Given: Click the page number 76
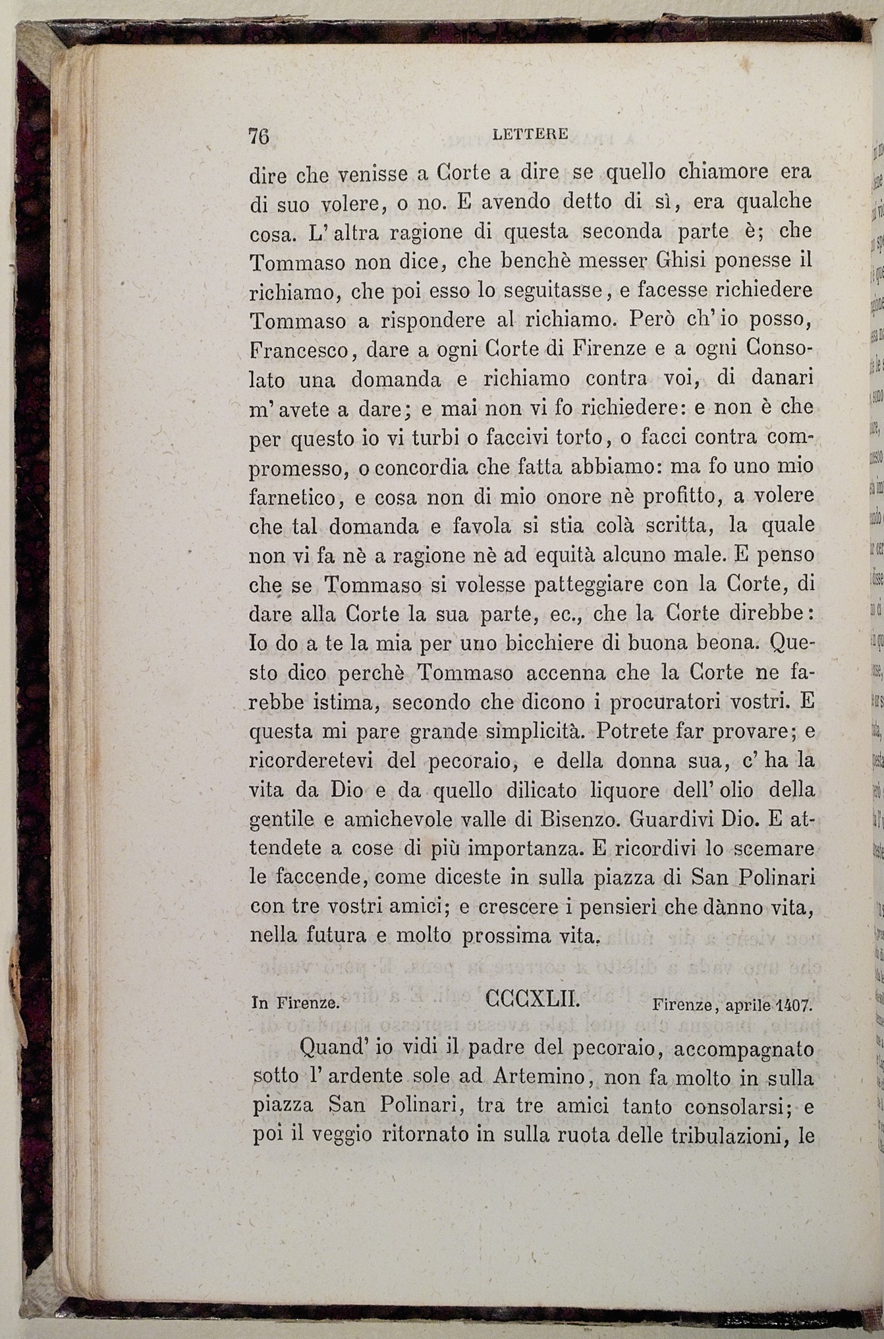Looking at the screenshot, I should [x=260, y=136].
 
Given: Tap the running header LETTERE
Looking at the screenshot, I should [x=530, y=134].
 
